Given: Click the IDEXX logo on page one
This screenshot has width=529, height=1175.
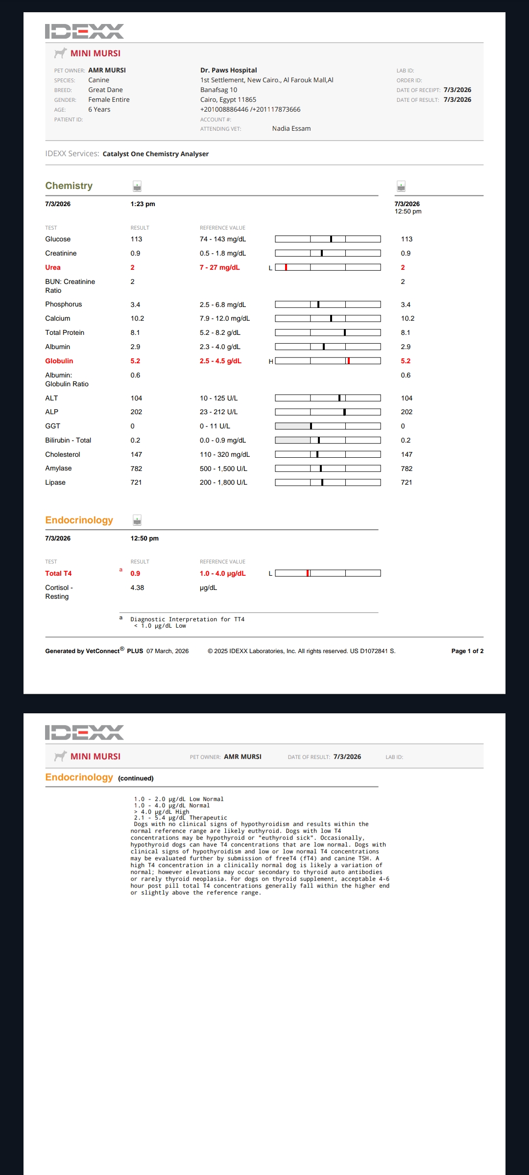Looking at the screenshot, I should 84,31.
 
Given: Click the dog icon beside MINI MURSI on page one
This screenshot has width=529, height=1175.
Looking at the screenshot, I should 60,53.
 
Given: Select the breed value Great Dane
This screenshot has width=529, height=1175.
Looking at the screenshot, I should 105,90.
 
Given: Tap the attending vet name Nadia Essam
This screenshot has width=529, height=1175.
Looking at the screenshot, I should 291,129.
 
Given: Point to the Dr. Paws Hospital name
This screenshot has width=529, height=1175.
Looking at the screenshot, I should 228,70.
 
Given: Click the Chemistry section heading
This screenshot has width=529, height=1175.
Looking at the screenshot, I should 69,186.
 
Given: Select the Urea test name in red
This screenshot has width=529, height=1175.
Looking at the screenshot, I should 53,267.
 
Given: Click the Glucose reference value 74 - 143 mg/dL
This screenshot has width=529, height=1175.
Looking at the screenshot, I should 223,239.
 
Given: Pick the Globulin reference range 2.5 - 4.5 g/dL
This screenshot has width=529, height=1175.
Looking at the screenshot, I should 220,361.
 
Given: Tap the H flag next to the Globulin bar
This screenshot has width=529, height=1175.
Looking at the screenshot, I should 271,361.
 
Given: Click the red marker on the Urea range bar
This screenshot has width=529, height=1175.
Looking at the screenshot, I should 286,267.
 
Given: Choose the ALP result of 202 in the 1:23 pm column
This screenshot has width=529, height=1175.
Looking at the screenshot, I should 136,412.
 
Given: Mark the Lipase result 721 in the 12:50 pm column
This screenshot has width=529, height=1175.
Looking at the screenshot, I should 407,483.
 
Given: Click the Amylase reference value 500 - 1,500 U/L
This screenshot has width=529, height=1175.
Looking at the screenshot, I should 223,469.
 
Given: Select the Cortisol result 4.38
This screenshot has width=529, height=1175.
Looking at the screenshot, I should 137,588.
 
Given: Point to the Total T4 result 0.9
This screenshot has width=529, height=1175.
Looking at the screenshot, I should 135,574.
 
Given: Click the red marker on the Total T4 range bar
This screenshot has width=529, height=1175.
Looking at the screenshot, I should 308,573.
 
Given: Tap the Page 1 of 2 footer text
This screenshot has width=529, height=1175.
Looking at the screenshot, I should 467,651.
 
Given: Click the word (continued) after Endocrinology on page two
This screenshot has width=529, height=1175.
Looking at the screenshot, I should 136,778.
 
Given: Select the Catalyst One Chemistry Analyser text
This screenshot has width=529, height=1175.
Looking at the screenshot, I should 156,154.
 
